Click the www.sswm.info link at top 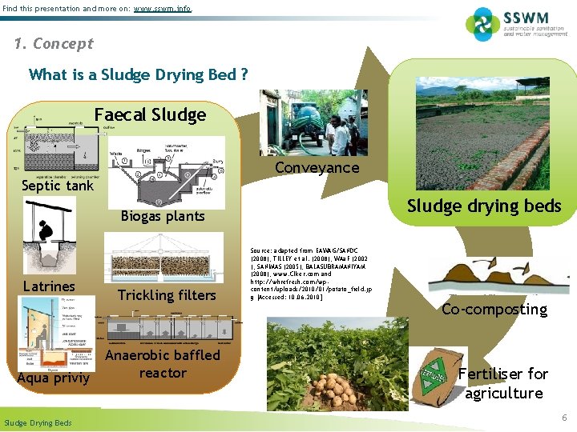pyautogui.click(x=163, y=9)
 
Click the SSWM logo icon pyautogui.click(x=483, y=24)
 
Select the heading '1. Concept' pyautogui.click(x=54, y=44)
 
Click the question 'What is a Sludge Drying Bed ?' pyautogui.click(x=138, y=75)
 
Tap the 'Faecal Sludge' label pyautogui.click(x=150, y=115)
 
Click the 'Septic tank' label pyautogui.click(x=57, y=186)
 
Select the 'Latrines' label pyautogui.click(x=49, y=286)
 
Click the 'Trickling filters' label pyautogui.click(x=167, y=295)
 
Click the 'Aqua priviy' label pyautogui.click(x=54, y=378)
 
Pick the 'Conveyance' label pyautogui.click(x=317, y=168)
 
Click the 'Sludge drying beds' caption pyautogui.click(x=484, y=206)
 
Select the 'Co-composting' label pyautogui.click(x=494, y=310)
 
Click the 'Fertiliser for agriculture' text pyautogui.click(x=503, y=383)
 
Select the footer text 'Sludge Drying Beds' pyautogui.click(x=38, y=423)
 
